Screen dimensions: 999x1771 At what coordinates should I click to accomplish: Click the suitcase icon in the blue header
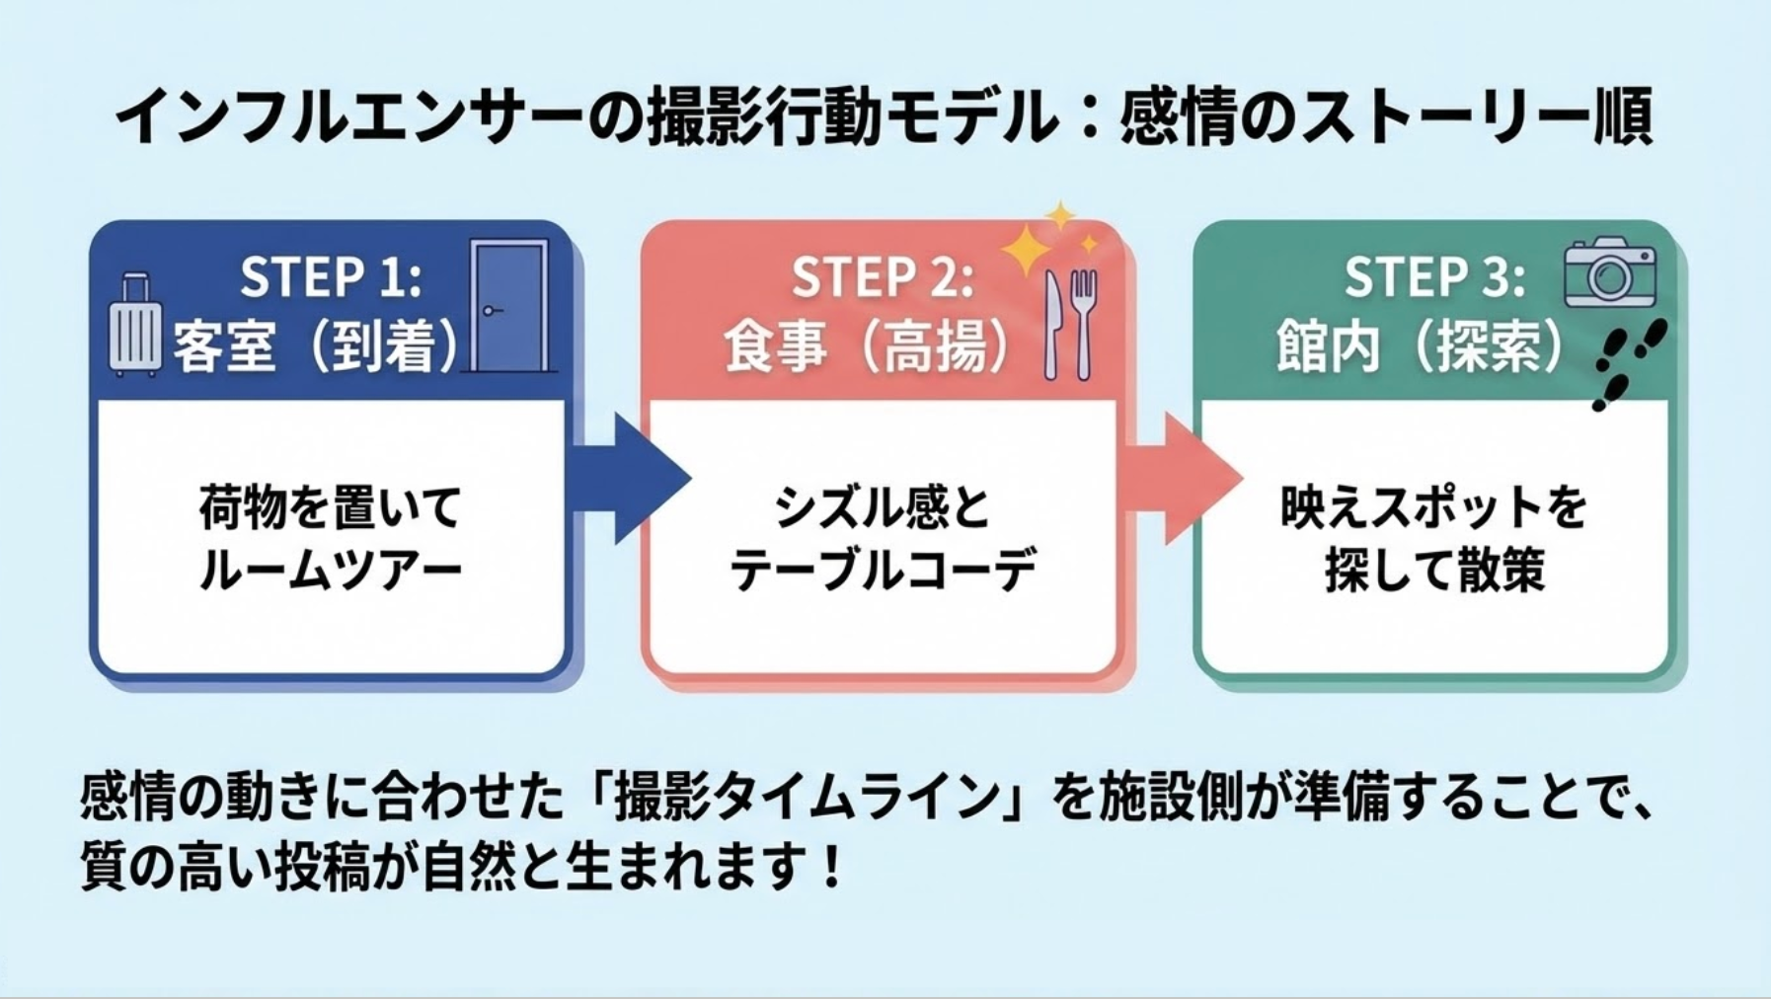tap(134, 325)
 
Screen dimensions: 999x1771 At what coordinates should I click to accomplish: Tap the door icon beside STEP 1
tap(509, 306)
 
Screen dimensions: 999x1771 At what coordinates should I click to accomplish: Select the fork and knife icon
tap(1070, 324)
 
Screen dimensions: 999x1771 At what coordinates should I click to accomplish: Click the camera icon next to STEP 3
tap(1609, 272)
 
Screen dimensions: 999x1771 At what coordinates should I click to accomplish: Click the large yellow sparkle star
tap(1026, 249)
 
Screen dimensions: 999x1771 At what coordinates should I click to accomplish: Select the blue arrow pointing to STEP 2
tap(632, 479)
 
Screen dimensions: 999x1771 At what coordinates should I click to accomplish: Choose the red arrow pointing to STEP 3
tap(1183, 479)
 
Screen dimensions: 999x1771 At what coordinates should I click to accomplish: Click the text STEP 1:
tap(331, 276)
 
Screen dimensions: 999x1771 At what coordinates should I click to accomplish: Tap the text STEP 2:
tap(882, 276)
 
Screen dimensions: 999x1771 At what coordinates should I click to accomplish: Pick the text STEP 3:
tap(1433, 276)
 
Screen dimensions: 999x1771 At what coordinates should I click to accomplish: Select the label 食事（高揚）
tap(867, 346)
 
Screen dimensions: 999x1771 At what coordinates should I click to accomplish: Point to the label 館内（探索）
tap(1420, 346)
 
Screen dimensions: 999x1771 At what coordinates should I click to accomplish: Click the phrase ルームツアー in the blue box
tap(331, 571)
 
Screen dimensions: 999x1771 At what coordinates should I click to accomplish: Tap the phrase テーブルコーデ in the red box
tap(883, 571)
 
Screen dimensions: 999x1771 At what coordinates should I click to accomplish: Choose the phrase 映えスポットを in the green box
tap(1433, 507)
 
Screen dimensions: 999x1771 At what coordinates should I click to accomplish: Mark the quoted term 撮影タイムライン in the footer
tap(808, 797)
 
